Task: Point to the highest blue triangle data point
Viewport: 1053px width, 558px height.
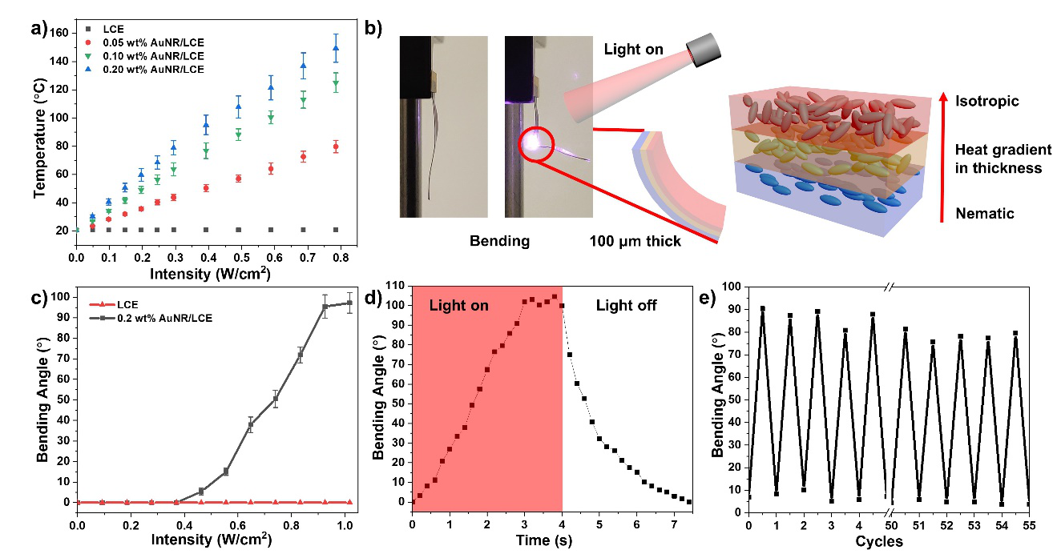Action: [336, 48]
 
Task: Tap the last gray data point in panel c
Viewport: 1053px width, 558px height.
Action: [349, 303]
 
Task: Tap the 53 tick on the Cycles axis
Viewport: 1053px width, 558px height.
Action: [974, 524]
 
